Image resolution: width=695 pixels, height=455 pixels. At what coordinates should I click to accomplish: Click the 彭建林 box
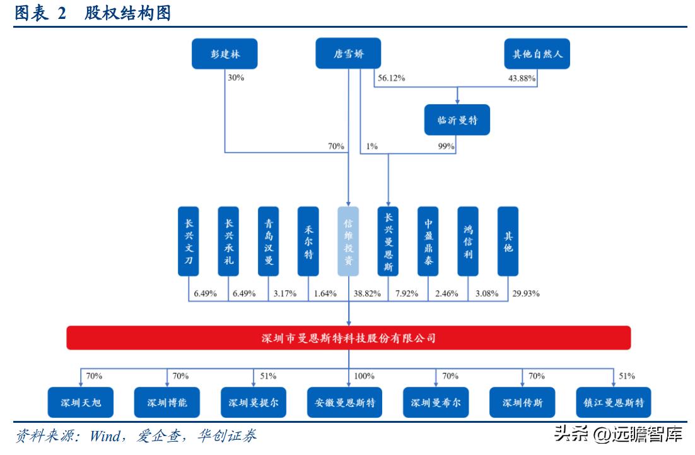tap(225, 54)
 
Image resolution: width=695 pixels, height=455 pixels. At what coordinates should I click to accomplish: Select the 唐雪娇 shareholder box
tap(348, 54)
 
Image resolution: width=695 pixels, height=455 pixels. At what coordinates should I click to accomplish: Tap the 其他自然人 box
tap(537, 54)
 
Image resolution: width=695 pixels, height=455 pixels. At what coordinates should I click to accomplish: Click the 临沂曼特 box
tap(457, 120)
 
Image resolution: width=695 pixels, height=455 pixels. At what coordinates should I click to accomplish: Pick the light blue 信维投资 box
tap(348, 241)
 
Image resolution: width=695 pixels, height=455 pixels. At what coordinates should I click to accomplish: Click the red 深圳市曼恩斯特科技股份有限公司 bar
tap(348, 338)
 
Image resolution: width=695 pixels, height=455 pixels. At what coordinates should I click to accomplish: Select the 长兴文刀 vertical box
tap(189, 241)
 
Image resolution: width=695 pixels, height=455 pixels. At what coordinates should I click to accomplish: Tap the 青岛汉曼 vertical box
tap(269, 241)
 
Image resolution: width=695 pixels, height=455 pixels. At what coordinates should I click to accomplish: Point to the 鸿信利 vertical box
tap(468, 241)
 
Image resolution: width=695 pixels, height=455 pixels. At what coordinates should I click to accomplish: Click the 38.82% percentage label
tap(367, 293)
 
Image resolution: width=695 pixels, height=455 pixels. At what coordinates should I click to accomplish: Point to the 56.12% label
tap(391, 79)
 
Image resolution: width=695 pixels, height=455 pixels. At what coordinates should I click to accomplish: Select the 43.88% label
tap(522, 79)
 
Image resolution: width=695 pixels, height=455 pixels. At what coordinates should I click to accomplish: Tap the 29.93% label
tap(526, 293)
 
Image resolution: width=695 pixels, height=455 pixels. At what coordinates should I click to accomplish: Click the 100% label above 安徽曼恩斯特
tap(364, 376)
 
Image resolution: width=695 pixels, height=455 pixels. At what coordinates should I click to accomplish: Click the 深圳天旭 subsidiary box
tap(80, 402)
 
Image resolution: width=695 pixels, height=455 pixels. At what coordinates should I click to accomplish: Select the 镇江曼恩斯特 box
tap(614, 402)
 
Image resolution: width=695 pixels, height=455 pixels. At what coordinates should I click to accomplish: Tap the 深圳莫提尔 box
tap(253, 402)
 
